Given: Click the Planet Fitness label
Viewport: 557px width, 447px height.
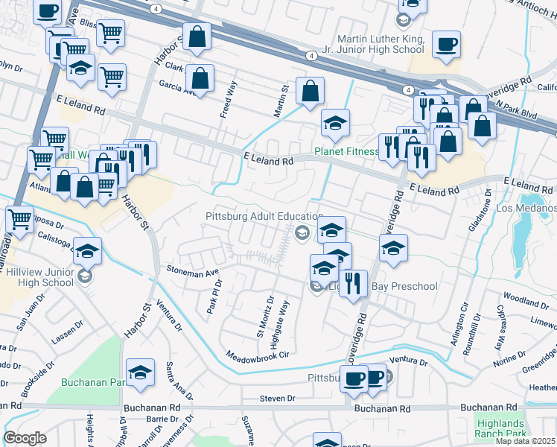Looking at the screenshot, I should pyautogui.click(x=346, y=151).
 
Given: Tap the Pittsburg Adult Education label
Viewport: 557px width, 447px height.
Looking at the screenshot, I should pyautogui.click(x=258, y=216).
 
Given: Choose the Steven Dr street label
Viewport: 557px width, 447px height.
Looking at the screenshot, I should pyautogui.click(x=278, y=399).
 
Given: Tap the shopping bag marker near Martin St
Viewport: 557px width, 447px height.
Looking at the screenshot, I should pyautogui.click(x=310, y=92).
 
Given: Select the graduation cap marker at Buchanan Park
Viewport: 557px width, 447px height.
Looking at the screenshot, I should pyautogui.click(x=140, y=375).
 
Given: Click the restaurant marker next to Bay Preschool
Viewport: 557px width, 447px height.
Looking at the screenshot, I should pyautogui.click(x=353, y=284).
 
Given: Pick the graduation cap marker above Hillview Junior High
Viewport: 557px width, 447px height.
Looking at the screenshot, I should pyautogui.click(x=88, y=253).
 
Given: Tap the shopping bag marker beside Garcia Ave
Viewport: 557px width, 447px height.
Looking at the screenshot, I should pyautogui.click(x=200, y=78).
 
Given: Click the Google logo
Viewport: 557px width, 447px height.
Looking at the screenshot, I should pyautogui.click(x=25, y=437).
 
